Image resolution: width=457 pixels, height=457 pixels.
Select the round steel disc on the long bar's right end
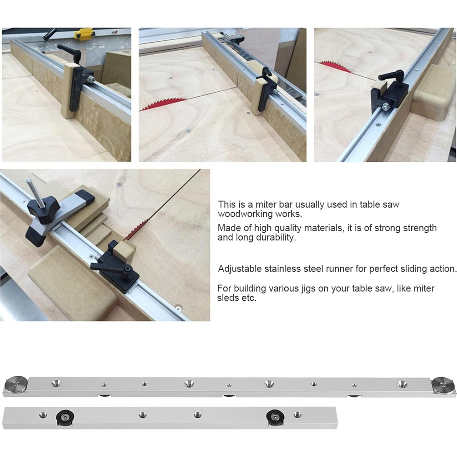click(442, 384)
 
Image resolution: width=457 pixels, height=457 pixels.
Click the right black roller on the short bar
click(275, 416)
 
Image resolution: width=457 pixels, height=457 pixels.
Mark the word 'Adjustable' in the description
click(240, 269)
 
